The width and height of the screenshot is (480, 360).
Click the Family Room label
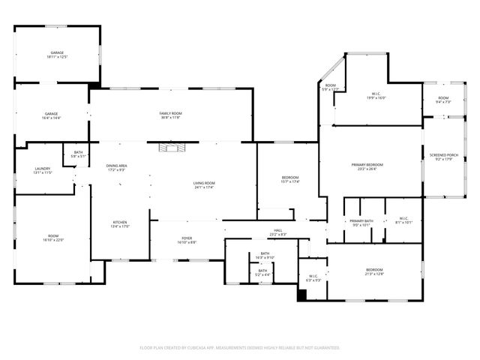pos(171,115)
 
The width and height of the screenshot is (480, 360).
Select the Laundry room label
pos(42,170)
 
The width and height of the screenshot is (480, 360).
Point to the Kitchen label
pos(120,224)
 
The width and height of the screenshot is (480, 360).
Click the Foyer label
pos(187,241)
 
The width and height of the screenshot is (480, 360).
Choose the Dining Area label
pos(116,167)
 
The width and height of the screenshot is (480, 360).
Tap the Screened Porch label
pos(443,157)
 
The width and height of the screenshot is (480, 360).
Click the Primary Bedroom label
pos(367,166)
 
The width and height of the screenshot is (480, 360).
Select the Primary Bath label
pos(361,222)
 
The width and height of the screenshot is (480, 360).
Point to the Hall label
pos(277,232)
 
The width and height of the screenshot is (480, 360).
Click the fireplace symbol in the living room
pos(172,148)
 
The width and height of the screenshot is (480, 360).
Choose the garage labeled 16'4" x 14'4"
pos(51,115)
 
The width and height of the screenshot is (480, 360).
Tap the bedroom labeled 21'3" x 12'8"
pos(374,271)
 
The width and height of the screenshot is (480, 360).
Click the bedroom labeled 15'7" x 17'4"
pos(289,179)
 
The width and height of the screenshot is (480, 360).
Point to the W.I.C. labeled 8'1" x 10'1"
pos(403,220)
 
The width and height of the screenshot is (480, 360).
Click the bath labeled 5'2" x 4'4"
pos(262,272)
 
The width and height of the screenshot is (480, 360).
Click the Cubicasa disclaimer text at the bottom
pos(240,348)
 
